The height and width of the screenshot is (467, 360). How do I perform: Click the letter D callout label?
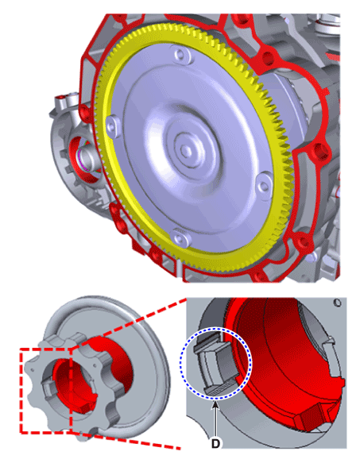(215, 443)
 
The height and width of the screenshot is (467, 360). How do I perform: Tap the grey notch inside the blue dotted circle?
(213, 364)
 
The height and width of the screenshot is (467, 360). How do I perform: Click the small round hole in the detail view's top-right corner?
(338, 303)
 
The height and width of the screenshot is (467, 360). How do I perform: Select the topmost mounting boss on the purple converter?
(180, 56)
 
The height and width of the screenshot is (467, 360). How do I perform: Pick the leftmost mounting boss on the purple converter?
(112, 126)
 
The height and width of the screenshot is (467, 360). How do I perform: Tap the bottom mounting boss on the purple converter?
(180, 237)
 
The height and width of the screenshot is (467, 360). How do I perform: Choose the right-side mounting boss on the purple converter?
(264, 186)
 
